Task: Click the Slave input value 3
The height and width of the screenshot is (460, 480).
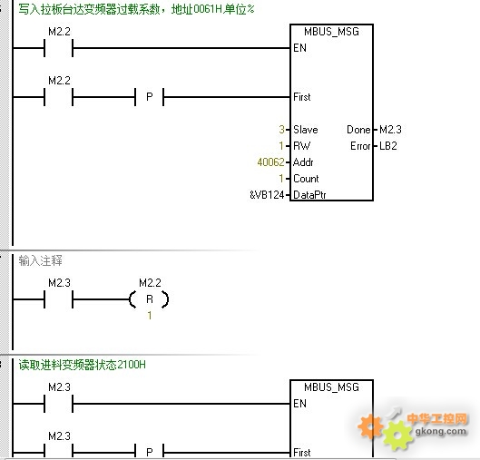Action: pos(281,130)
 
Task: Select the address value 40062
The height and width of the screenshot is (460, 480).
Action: pos(271,161)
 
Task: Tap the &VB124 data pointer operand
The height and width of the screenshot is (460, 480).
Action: pos(267,195)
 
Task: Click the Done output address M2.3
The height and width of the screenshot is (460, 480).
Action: pos(390,130)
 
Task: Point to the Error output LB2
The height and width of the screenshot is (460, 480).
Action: pos(388,146)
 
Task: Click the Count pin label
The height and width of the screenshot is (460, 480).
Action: pos(306,179)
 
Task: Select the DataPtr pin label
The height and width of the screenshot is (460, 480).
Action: pos(309,195)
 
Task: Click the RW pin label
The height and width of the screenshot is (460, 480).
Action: pos(301,146)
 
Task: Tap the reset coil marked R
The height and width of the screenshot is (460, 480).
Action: pos(149,299)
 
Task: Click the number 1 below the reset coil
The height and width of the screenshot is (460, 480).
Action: pos(150,315)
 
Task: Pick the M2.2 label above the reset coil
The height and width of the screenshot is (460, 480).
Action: pos(150,282)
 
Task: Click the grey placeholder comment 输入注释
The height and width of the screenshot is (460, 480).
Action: pos(41,260)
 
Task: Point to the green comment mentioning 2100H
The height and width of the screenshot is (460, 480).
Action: pos(82,365)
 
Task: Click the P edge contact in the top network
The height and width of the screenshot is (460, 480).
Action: pos(150,97)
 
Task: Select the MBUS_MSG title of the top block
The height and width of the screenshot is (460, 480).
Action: pos(331,32)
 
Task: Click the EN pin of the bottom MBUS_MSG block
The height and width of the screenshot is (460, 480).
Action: pos(299,404)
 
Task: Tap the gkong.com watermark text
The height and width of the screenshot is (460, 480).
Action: pos(441,431)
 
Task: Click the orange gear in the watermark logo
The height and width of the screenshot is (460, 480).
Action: pos(370,426)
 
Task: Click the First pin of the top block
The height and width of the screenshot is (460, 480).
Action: pos(302,97)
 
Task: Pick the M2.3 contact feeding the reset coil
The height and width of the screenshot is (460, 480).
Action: pos(59,299)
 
